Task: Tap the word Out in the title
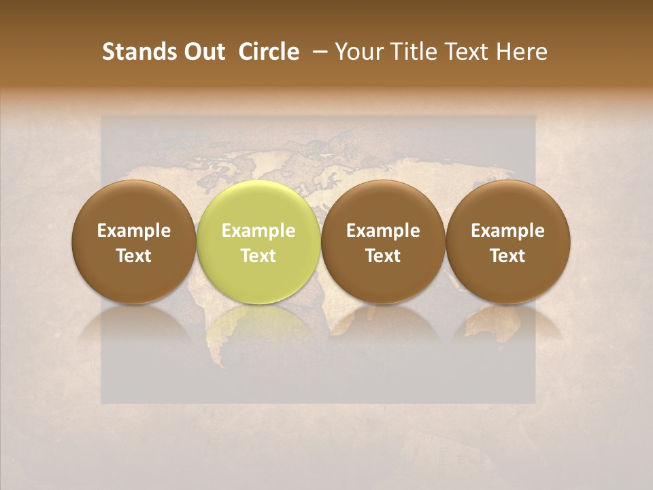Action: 202,52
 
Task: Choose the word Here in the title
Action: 522,52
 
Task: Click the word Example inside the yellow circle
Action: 258,231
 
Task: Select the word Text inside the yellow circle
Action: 258,256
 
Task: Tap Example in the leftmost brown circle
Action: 134,231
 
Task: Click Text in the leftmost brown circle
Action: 134,256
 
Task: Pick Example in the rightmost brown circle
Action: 507,231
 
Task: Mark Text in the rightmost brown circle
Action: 507,256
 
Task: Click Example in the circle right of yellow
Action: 383,231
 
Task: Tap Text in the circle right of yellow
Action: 383,256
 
